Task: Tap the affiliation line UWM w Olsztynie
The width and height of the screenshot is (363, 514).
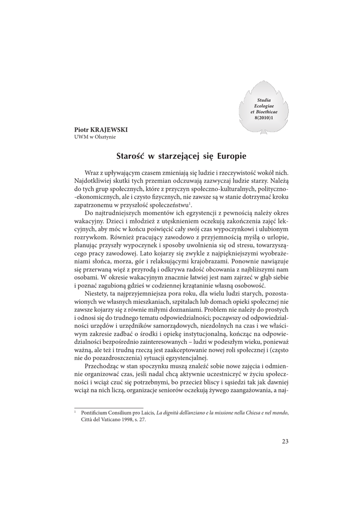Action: [95, 137]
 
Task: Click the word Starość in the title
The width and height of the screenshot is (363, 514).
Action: [130, 156]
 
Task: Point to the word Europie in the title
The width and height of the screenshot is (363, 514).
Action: [231, 156]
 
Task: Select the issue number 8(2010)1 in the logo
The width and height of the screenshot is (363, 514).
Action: [264, 116]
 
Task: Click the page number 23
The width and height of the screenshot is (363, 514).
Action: [285, 441]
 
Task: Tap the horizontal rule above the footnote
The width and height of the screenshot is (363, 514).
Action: [109, 408]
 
